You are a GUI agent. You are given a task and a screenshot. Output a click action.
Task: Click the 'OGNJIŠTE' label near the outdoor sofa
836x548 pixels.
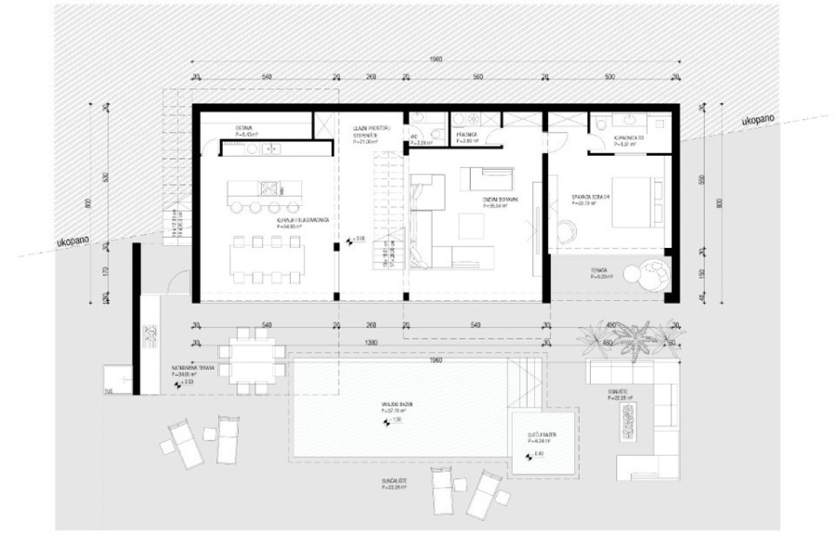(620, 393)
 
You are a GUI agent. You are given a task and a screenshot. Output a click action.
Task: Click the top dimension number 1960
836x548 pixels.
(436, 59)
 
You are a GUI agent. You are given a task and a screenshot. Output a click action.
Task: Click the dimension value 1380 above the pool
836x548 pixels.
(372, 342)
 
